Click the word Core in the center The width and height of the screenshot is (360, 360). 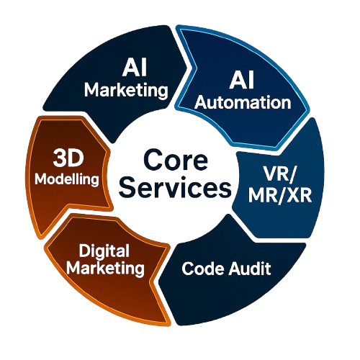[x=176, y=160]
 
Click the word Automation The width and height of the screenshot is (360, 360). [x=243, y=102]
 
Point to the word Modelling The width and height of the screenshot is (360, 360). [x=67, y=179]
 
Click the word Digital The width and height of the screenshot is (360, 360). [x=104, y=251]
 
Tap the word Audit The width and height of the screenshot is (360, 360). [x=250, y=268]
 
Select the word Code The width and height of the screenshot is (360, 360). [x=203, y=269]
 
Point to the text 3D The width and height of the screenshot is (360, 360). [x=68, y=158]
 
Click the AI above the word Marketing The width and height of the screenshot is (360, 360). [x=135, y=68]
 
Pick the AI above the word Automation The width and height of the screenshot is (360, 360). [x=242, y=81]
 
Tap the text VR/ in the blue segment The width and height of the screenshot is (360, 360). [x=280, y=174]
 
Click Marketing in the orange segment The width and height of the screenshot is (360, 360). [x=106, y=268]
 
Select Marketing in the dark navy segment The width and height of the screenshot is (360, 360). [x=126, y=90]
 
